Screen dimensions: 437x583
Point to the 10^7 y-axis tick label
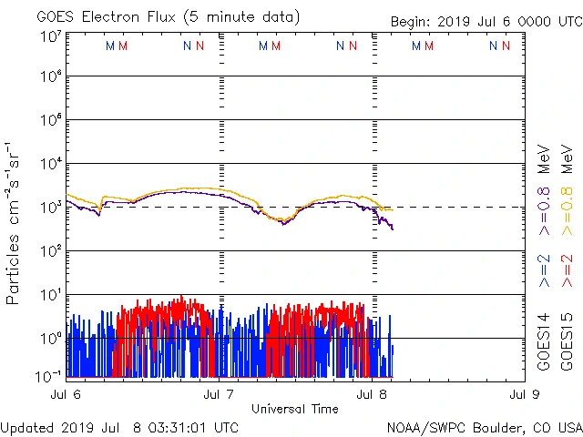51,36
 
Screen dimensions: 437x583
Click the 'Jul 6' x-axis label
63,394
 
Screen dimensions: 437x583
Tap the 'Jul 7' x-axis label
219,394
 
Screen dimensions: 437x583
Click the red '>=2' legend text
566,270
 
